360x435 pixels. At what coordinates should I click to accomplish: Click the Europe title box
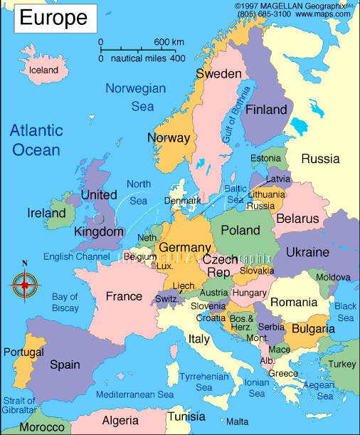coord(53,18)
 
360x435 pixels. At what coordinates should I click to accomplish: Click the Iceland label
coord(43,70)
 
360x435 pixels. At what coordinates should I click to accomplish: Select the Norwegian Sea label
coord(135,97)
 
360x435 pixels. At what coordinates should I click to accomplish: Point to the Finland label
coord(266,110)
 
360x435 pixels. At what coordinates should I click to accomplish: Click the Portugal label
coord(23,352)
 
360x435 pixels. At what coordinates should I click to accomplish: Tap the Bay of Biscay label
coord(65,302)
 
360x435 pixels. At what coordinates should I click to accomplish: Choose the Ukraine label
coord(307,252)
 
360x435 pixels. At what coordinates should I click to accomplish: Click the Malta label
coord(238,421)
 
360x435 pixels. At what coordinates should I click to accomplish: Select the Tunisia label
coord(186,416)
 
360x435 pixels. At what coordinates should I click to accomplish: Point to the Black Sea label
coord(345,312)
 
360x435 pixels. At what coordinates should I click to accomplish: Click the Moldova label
coord(333,276)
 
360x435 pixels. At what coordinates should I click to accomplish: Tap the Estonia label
coord(265,158)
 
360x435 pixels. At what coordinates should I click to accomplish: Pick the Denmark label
coord(183,201)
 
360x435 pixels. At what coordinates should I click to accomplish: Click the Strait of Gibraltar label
coord(19,406)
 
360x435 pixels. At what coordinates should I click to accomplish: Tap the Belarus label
coord(297,219)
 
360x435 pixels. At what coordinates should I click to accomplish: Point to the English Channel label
coord(77,256)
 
